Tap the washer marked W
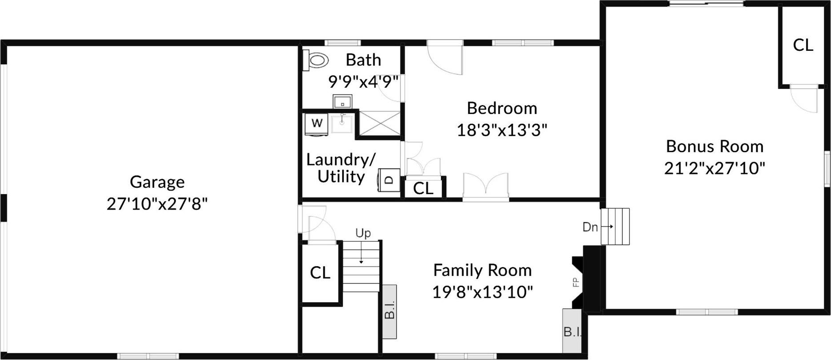pyautogui.click(x=317, y=123)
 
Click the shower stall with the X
pyautogui.click(x=379, y=122)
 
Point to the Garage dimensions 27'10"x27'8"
pyautogui.click(x=157, y=204)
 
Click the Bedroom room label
pyautogui.click(x=502, y=108)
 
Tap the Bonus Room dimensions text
pyautogui.click(x=714, y=169)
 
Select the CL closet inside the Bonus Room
pyautogui.click(x=803, y=45)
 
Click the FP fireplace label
pyautogui.click(x=575, y=282)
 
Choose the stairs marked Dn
pyautogui.click(x=615, y=227)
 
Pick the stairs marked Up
pyautogui.click(x=361, y=267)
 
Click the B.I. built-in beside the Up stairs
pyautogui.click(x=389, y=311)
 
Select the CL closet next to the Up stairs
pyautogui.click(x=320, y=273)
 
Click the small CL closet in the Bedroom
pyautogui.click(x=423, y=188)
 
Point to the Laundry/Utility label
pyautogui.click(x=341, y=168)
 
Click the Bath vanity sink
pyautogui.click(x=343, y=101)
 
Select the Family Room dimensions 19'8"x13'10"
pyautogui.click(x=482, y=292)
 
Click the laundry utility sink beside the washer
pyautogui.click(x=342, y=122)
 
